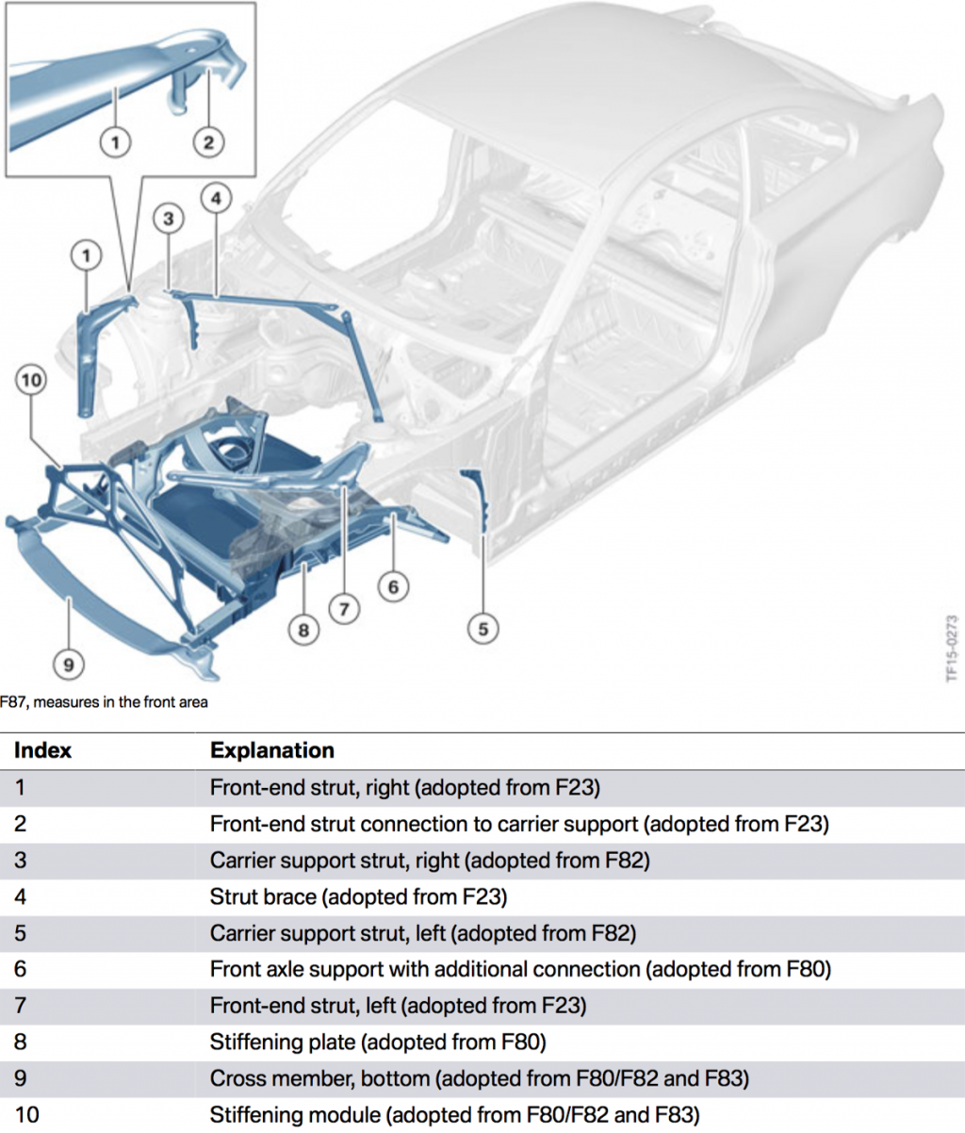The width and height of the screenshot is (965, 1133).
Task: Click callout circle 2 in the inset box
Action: [x=208, y=142]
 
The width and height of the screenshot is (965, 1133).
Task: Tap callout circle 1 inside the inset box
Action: [x=115, y=142]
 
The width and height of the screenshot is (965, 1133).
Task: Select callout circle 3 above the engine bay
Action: [x=168, y=220]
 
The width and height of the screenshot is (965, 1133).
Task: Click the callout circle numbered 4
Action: [x=216, y=198]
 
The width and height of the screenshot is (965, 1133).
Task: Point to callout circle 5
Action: [x=482, y=629]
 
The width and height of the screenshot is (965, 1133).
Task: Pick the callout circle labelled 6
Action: [x=393, y=587]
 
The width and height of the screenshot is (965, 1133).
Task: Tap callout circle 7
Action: [x=344, y=609]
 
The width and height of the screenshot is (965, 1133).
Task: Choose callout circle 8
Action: [x=303, y=629]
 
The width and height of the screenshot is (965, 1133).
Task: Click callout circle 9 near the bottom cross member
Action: [x=68, y=665]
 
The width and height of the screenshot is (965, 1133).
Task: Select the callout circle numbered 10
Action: [x=31, y=381]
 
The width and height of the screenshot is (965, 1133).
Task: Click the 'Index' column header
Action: [x=42, y=750]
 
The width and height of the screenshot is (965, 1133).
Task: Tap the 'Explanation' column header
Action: [x=271, y=750]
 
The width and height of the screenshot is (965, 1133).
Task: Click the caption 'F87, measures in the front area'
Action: [x=104, y=702]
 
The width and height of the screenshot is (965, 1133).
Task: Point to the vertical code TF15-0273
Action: [x=951, y=649]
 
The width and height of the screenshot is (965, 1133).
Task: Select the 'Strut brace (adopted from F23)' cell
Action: [x=358, y=896]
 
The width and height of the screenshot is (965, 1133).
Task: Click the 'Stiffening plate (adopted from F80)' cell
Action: [x=378, y=1043]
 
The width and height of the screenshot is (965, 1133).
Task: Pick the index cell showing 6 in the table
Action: [x=21, y=969]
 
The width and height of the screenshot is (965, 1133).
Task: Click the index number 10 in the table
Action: [x=27, y=1115]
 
